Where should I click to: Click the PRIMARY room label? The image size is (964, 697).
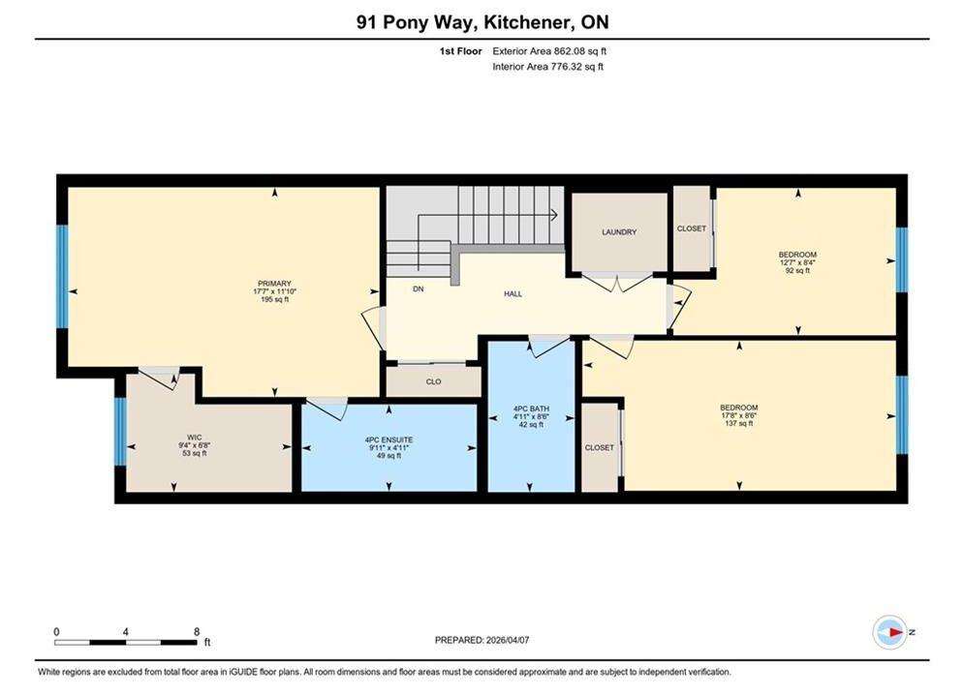click(x=274, y=284)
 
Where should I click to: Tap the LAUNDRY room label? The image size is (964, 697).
click(x=619, y=232)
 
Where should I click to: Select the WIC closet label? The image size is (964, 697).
click(x=195, y=438)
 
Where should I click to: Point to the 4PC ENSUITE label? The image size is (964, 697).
click(x=389, y=439)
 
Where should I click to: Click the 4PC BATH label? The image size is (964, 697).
click(x=531, y=409)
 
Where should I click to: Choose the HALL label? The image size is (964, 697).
click(x=513, y=294)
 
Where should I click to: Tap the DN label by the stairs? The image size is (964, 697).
click(x=419, y=288)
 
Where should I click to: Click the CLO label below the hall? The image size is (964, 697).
click(x=433, y=381)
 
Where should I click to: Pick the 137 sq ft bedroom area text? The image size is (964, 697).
click(x=739, y=423)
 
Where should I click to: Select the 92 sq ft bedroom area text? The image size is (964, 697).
click(x=797, y=270)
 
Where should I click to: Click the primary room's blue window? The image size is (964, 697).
click(x=62, y=276)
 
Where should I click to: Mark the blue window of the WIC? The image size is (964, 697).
click(x=120, y=431)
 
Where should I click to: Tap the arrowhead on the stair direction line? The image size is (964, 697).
click(x=554, y=215)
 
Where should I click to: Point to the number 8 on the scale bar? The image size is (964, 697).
click(x=197, y=631)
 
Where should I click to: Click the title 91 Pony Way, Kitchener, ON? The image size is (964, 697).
click(x=482, y=22)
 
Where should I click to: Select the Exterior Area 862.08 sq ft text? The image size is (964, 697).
click(x=549, y=51)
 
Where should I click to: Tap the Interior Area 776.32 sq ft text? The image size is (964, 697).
click(x=547, y=67)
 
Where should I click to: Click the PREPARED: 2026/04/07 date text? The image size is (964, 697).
click(x=482, y=640)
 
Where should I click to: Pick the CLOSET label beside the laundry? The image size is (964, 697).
click(x=692, y=228)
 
